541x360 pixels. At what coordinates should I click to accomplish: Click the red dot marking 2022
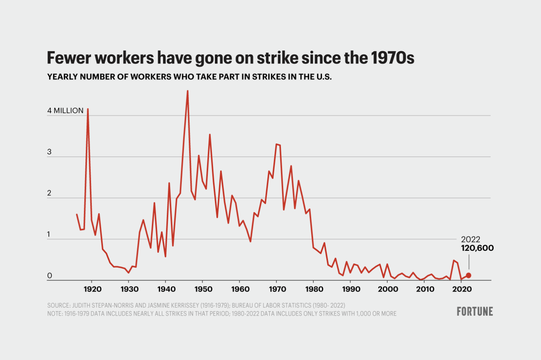pos(468,276)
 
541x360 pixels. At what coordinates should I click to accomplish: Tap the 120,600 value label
pos(477,248)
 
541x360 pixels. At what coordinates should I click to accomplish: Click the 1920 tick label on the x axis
pos(92,289)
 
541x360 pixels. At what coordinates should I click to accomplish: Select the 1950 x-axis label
pos(203,289)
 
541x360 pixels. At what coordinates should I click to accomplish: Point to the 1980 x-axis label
pos(314,289)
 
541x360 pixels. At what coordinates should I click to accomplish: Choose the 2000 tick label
pos(388,289)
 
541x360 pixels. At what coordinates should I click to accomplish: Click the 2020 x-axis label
pos(462,289)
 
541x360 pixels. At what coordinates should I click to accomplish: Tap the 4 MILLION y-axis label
pos(65,111)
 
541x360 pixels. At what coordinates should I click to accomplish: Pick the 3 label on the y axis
pos(49,152)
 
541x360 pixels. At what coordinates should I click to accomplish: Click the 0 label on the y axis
pos(50,276)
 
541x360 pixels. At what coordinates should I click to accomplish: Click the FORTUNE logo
pos(475,311)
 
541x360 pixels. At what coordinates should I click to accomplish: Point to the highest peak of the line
pos(187,91)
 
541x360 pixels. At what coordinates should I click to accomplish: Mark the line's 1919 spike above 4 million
pos(88,109)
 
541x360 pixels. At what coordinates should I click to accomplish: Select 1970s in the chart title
pos(393,58)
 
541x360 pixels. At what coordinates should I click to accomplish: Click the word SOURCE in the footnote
pos(58,306)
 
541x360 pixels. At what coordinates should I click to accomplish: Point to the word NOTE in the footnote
pos(55,314)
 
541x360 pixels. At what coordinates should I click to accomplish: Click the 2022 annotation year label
pos(470,239)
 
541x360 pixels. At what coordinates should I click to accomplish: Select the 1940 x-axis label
pos(166,289)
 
